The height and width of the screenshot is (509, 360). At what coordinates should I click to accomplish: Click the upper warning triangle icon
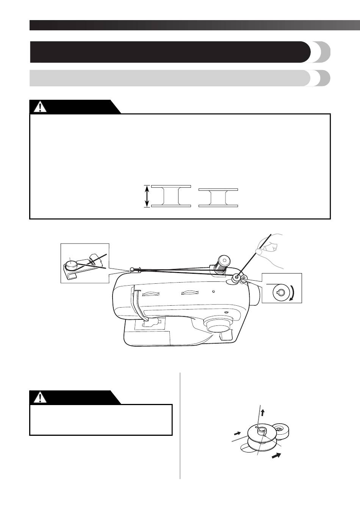coord(38,107)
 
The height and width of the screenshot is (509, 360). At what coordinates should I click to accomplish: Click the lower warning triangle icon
coord(38,397)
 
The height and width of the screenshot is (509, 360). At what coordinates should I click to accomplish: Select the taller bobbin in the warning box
coord(171,196)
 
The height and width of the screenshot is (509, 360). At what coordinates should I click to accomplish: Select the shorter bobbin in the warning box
coord(218,197)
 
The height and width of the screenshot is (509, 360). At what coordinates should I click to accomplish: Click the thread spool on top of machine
coord(221,263)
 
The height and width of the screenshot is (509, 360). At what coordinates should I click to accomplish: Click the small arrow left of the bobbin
coord(238,432)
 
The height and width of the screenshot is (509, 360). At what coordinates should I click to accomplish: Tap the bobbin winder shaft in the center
coord(262,431)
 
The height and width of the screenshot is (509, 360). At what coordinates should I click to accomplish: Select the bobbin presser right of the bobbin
coord(282,430)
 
